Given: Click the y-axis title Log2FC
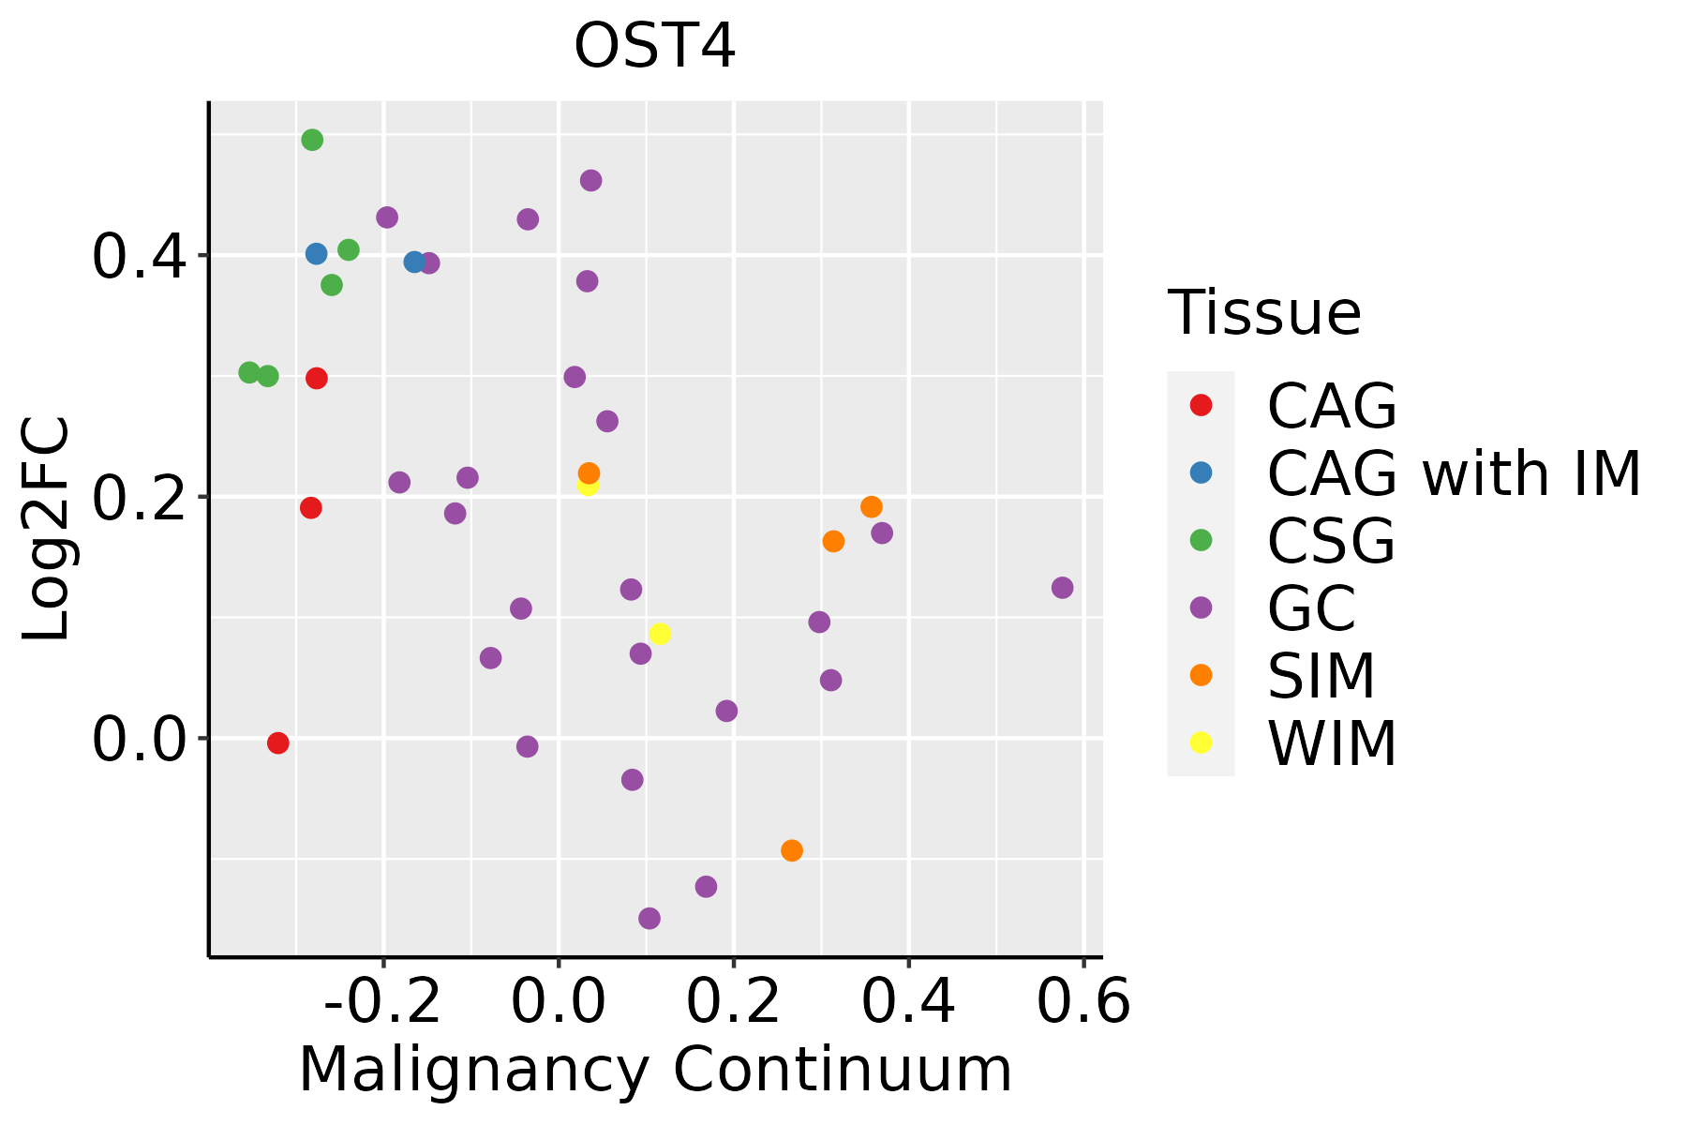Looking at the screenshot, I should pos(47,530).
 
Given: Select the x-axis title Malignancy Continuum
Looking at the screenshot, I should pos(655,1070).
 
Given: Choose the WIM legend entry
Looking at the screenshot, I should pos(1331,743).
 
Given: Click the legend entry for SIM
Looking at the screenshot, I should pos(1321,676).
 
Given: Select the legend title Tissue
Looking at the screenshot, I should pos(1264,313).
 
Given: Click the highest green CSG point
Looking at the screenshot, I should pos(312,140).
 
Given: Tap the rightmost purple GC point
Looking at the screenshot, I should pos(1062,588).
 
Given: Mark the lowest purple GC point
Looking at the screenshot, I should pos(649,918).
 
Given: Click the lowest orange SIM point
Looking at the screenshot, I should pos(792,850).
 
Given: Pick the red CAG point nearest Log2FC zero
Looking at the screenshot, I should pos(277,742).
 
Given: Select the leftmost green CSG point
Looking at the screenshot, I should pos(248,372).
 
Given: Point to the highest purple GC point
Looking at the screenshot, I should pos(590,180).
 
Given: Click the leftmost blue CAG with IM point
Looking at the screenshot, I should pos(316,253).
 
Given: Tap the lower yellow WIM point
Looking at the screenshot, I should pos(660,634).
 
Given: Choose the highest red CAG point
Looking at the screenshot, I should pos(317,378).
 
